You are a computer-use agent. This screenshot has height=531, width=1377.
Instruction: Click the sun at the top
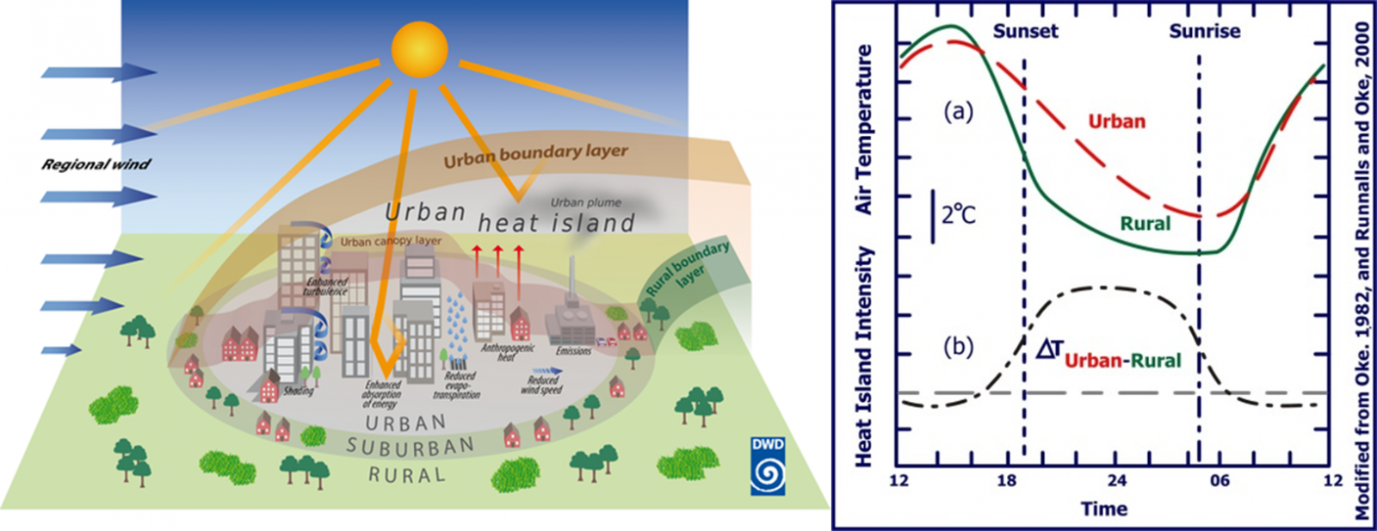pos(419,49)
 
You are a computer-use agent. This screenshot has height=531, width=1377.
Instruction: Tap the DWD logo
pos(767,466)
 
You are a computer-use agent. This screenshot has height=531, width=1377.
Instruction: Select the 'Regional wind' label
pos(96,164)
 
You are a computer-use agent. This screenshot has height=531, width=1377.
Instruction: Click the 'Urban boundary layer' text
pos(535,155)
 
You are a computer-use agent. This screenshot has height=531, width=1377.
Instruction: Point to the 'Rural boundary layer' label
pos(688,268)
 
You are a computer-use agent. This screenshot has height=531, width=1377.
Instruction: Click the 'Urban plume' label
pos(585,202)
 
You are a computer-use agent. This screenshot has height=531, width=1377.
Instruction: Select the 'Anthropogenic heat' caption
pos(507,352)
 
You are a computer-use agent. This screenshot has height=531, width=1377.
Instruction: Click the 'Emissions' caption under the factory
pos(573,351)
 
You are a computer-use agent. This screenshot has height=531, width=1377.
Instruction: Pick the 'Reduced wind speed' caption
pos(542,385)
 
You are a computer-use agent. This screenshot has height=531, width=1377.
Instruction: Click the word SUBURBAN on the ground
pos(411,447)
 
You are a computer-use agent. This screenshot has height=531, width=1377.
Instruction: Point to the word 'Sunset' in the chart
pos(1025,32)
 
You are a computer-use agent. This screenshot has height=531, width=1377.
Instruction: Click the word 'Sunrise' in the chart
pos(1204,32)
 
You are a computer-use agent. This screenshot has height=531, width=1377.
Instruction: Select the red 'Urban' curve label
pos(1116,121)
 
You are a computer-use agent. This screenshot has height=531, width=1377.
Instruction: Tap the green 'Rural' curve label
pos(1145,224)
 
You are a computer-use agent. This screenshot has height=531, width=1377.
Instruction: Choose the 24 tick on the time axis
pos(1116,479)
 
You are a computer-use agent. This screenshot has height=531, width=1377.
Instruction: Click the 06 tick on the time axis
pos(1220,479)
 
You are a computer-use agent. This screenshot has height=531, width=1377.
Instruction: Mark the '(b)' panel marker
pos(958,347)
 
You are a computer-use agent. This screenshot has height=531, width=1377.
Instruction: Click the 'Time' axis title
pos(1103,509)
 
